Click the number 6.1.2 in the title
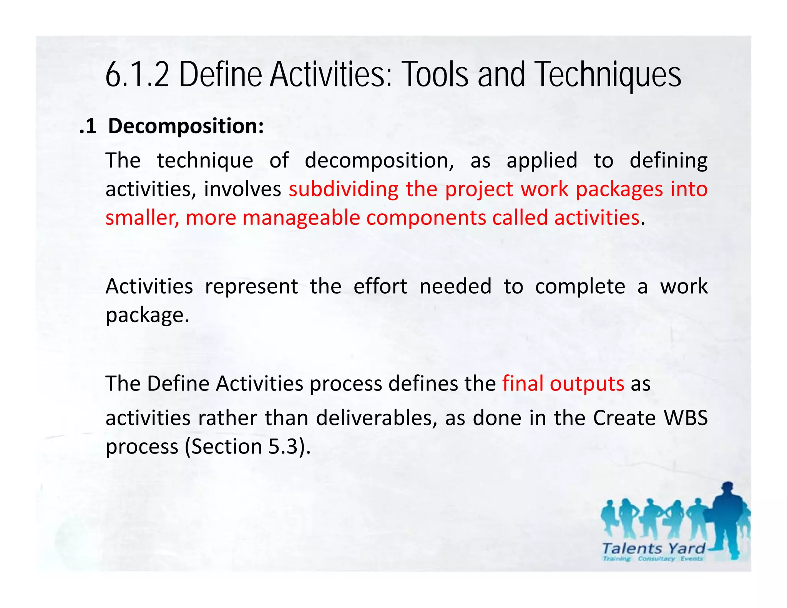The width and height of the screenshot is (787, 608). point(137,75)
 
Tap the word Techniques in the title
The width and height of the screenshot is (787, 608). point(608,75)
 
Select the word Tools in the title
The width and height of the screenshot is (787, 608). point(435,75)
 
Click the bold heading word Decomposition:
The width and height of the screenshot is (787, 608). point(186,126)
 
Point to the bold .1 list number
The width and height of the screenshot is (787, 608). point(88,126)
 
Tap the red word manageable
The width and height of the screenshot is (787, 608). point(301,218)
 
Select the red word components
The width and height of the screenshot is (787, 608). point(426,218)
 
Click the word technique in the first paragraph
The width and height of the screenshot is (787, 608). point(205,161)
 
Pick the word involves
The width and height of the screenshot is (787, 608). point(242,189)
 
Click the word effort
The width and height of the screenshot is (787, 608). point(380,286)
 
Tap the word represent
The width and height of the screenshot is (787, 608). point(251,286)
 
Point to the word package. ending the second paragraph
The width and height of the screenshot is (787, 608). point(148,315)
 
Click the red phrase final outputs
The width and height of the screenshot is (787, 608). point(563,384)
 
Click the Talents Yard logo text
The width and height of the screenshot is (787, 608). point(653,548)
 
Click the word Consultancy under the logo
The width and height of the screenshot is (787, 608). point(656,559)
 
